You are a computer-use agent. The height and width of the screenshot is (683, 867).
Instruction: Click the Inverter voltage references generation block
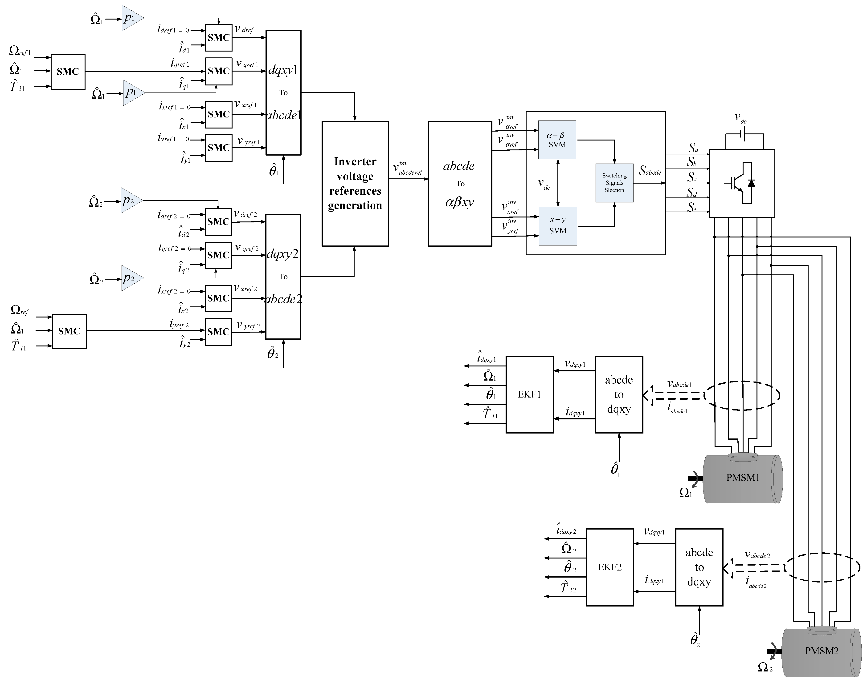click(x=355, y=184)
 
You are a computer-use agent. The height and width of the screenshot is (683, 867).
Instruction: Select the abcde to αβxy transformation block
click(x=460, y=184)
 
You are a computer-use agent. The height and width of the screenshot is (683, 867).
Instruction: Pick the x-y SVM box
click(x=558, y=226)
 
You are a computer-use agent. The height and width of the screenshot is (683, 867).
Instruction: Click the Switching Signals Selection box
click(x=614, y=183)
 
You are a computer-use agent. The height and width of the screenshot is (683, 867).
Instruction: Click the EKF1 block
click(x=530, y=394)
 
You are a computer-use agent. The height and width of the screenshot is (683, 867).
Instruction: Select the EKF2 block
click(x=610, y=567)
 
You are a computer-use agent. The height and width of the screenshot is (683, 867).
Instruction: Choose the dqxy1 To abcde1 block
click(x=283, y=92)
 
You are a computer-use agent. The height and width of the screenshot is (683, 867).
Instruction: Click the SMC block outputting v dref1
click(x=219, y=38)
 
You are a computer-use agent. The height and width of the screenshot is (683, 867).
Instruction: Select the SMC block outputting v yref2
click(x=218, y=332)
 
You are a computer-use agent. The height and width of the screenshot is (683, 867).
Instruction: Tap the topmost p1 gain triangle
click(x=131, y=18)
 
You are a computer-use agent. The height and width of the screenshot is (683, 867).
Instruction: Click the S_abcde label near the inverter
click(x=650, y=171)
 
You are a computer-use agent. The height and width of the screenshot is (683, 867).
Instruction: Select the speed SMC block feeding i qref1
click(x=68, y=72)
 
